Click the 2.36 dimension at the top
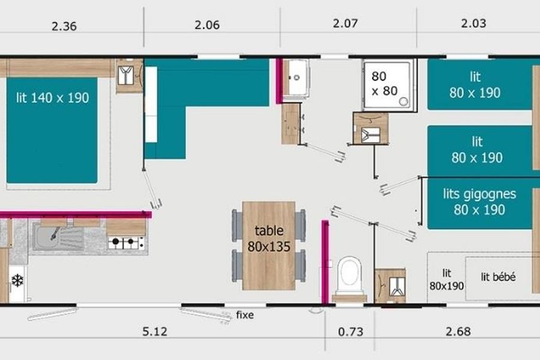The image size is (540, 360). (x=64, y=26)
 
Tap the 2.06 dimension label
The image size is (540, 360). (x=207, y=25)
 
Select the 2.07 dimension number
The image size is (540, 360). (x=346, y=23)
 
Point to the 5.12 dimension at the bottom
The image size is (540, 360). (x=155, y=331)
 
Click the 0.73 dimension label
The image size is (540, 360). (x=350, y=331)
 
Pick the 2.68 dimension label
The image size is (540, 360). (x=458, y=331)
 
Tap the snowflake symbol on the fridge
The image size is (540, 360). (x=17, y=280)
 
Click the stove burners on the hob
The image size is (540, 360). (x=127, y=242)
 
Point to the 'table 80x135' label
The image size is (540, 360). (x=269, y=239)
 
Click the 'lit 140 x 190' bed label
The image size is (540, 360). (x=52, y=98)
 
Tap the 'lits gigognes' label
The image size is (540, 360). (x=479, y=194)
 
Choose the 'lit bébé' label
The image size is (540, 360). (x=499, y=277)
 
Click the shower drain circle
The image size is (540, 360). (x=403, y=101)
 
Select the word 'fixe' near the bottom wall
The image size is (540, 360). (x=245, y=315)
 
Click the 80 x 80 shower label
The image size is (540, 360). (x=385, y=83)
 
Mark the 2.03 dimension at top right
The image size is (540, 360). (x=473, y=23)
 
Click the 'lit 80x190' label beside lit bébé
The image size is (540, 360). (x=446, y=280)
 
